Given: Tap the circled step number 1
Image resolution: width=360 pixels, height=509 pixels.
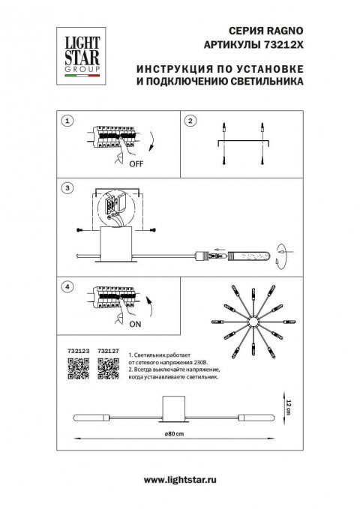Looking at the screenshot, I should (67, 120).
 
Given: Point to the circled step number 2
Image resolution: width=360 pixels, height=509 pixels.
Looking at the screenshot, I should (190, 120).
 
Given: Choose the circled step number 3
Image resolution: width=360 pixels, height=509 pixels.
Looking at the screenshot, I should (67, 187).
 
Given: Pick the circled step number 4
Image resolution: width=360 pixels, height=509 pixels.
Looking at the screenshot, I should (67, 286).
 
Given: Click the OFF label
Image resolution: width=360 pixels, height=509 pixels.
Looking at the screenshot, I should (135, 163).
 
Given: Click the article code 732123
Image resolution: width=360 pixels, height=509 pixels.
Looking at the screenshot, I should (79, 350).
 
